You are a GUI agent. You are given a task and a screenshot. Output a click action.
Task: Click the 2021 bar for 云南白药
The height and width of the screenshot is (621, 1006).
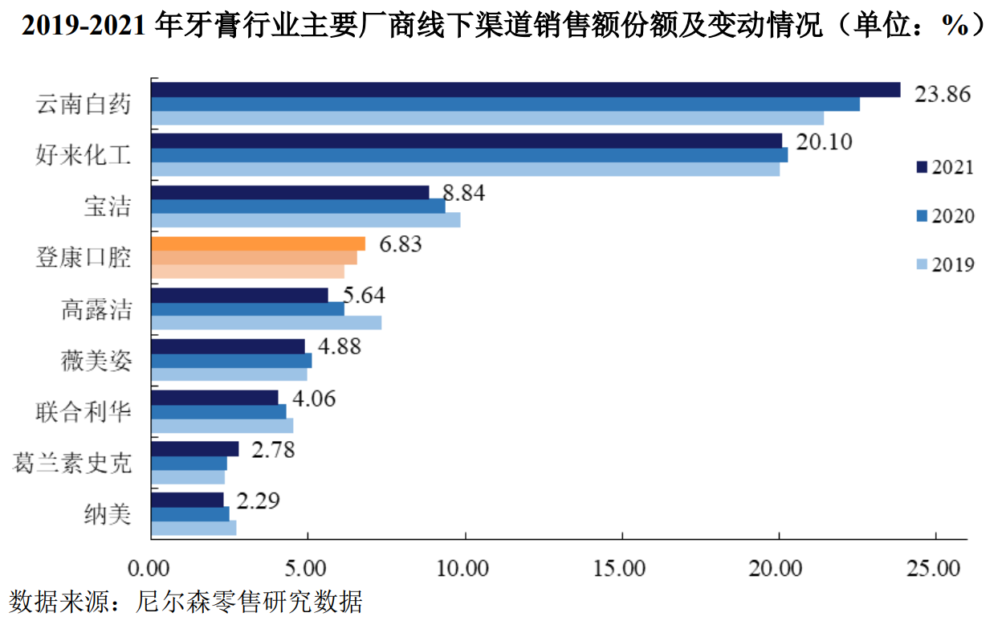pyautogui.click(x=526, y=89)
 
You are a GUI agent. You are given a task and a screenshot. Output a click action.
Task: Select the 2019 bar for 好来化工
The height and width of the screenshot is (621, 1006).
pyautogui.click(x=465, y=170)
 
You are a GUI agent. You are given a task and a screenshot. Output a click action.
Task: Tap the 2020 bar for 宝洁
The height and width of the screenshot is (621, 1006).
pyautogui.click(x=298, y=206)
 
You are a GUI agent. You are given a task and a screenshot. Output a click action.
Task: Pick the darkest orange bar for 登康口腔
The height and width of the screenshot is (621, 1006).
pyautogui.click(x=258, y=243)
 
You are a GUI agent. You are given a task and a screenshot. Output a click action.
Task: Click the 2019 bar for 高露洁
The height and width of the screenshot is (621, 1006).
pyautogui.click(x=266, y=322)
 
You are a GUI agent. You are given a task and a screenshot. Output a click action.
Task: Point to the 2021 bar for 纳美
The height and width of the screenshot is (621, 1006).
pyautogui.click(x=187, y=500)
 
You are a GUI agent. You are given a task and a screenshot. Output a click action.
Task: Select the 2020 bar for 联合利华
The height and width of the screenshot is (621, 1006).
pyautogui.click(x=218, y=411)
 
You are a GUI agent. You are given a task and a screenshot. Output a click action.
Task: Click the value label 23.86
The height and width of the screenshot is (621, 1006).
pyautogui.click(x=943, y=93)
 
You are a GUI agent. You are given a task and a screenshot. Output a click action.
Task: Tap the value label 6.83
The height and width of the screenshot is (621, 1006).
pyautogui.click(x=400, y=244)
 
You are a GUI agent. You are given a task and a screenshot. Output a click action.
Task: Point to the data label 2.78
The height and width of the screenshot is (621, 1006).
pyautogui.click(x=273, y=449)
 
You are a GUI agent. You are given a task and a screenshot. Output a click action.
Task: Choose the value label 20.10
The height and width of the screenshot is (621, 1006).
pyautogui.click(x=824, y=142)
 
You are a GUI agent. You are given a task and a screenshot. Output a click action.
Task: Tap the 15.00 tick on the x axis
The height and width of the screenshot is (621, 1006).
pyautogui.click(x=621, y=569)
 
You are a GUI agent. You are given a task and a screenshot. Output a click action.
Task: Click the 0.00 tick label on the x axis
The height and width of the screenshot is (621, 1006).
pyautogui.click(x=150, y=569)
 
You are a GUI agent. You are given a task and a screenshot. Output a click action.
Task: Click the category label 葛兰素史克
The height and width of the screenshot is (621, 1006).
pyautogui.click(x=72, y=462)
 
